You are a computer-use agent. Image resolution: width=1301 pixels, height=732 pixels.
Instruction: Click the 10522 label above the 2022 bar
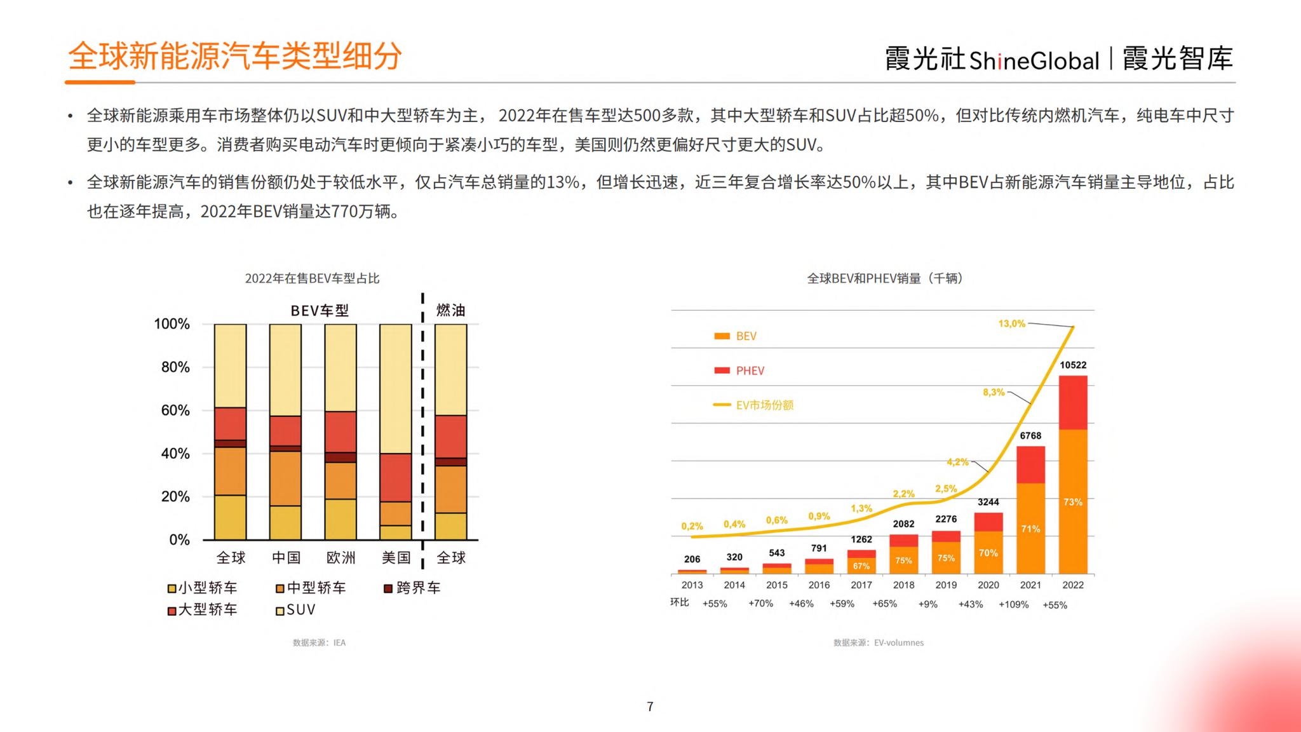[1073, 365]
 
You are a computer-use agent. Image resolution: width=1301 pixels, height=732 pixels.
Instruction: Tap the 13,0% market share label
[1011, 323]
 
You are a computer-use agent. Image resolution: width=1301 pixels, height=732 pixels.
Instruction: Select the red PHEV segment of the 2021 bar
[1030, 464]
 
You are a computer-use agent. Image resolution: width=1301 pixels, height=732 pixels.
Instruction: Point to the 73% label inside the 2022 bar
[1073, 502]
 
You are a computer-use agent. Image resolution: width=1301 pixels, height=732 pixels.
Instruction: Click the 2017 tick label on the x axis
[861, 585]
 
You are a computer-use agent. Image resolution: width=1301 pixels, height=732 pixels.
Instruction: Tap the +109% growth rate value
[1013, 604]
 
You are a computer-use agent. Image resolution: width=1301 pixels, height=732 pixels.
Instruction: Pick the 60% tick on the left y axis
[175, 410]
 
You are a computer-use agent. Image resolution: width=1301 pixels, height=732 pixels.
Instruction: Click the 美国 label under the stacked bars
[396, 558]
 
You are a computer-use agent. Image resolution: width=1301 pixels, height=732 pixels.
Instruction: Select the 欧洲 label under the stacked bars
[340, 558]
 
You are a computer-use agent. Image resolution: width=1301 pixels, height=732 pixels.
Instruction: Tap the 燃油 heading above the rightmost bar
[450, 310]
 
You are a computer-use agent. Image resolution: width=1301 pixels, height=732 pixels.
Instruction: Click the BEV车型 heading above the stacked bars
[320, 311]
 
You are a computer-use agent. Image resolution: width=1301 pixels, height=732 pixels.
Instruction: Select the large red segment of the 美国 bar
[396, 477]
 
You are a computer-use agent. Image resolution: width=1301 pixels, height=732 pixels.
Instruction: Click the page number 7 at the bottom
[650, 707]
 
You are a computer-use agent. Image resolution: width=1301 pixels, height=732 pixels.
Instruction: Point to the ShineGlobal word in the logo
[1034, 60]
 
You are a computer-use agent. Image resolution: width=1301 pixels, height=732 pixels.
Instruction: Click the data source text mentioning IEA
[319, 642]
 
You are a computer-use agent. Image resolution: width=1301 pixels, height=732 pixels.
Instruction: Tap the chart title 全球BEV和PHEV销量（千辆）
[884, 278]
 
